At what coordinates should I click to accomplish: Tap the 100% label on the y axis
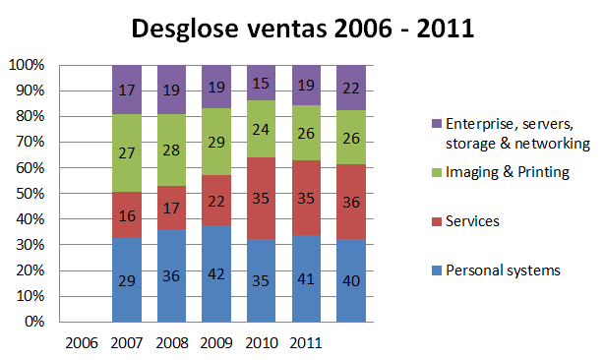(28, 66)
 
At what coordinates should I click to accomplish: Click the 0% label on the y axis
(35, 322)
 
